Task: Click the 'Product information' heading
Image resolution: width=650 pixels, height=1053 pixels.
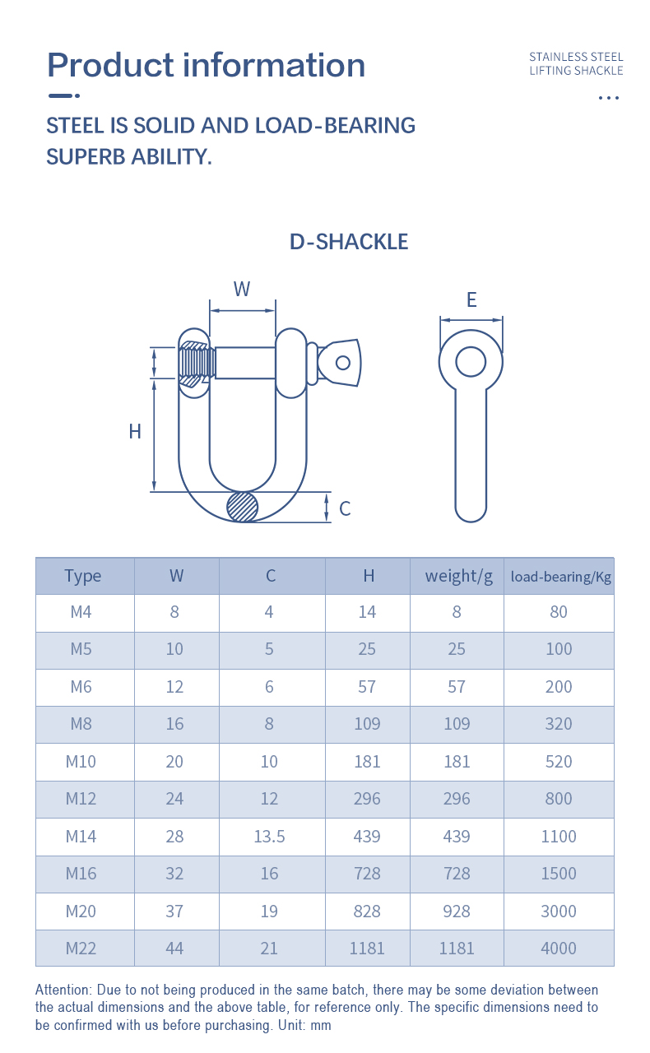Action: (206, 65)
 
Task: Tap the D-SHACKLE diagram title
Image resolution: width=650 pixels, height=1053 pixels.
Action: (349, 242)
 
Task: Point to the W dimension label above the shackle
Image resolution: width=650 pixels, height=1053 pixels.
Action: (242, 289)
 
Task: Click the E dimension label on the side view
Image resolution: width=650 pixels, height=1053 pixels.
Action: (471, 299)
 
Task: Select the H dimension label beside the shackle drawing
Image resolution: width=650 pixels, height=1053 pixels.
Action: (135, 431)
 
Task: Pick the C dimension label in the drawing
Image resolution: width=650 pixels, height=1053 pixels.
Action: (345, 508)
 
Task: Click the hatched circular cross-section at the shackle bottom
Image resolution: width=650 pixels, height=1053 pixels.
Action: (243, 507)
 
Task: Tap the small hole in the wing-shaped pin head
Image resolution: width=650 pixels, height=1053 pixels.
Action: (343, 363)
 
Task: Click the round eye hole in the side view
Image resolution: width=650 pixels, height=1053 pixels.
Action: (471, 362)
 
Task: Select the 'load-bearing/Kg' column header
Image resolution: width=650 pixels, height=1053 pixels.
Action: (560, 577)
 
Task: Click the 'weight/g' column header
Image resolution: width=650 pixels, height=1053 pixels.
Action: (458, 576)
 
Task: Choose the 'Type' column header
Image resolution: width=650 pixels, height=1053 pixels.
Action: (83, 576)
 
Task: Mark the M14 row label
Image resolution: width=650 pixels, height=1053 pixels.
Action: (81, 837)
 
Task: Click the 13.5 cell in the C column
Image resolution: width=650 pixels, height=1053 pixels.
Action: (269, 837)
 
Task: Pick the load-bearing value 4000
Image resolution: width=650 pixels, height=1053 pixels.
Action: (559, 949)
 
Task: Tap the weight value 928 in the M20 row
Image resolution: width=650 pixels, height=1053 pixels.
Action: (457, 912)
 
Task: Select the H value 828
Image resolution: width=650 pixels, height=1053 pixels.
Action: (367, 912)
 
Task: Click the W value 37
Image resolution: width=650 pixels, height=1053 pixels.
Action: (174, 912)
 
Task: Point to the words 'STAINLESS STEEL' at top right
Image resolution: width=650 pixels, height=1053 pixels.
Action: (576, 57)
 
